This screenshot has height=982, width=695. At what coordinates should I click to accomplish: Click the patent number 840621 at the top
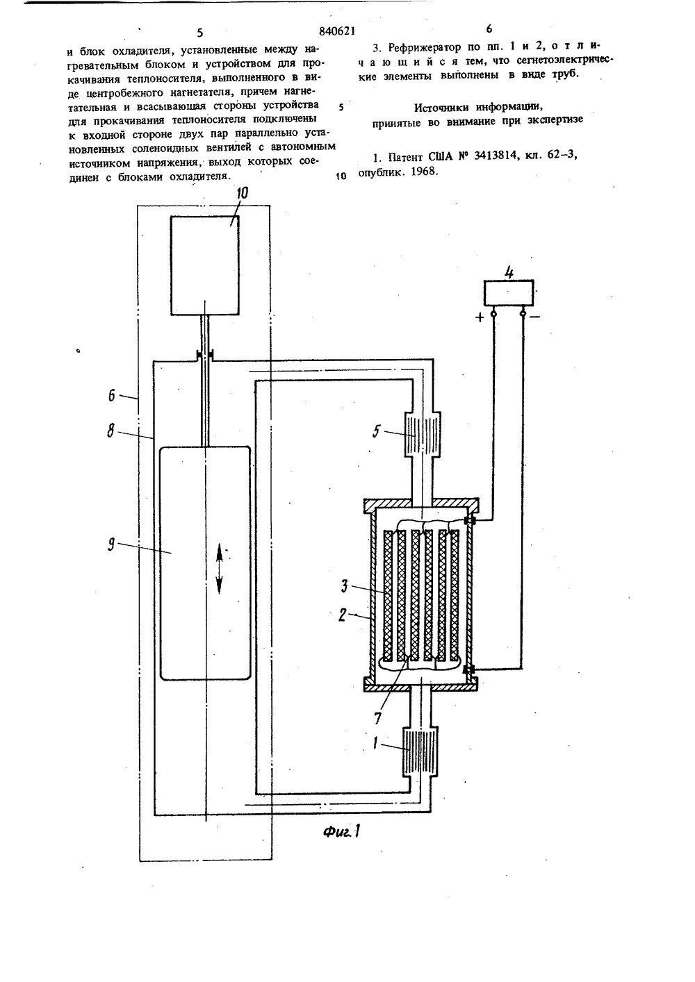pos(336,31)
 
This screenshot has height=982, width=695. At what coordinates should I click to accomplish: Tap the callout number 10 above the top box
pos(242,193)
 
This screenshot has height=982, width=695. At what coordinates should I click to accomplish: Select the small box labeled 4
pos(509,293)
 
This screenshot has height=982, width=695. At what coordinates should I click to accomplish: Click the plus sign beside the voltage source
pos(480,317)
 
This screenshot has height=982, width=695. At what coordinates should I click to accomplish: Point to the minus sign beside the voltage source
pos(535,317)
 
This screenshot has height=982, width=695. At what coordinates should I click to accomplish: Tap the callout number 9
pos(112,544)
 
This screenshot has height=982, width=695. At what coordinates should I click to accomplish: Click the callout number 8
pos(111,431)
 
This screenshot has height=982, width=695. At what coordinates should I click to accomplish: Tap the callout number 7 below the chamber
pos(377,717)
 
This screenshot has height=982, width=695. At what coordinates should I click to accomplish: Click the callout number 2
pos(343,615)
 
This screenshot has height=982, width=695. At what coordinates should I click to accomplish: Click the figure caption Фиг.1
pos(342,831)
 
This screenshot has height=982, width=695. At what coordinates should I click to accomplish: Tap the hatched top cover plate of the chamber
pos(420,505)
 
